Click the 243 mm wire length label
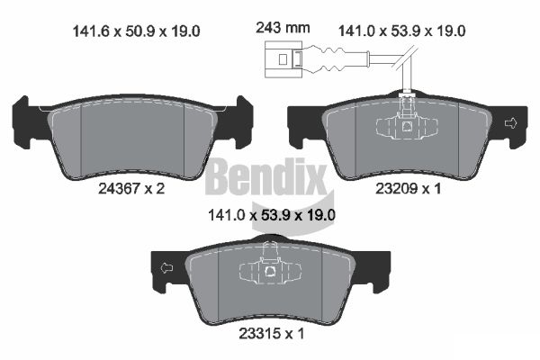(x=283, y=28)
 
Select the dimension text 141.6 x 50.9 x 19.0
(x=137, y=31)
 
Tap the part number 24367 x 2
(x=131, y=188)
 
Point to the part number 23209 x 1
(x=408, y=188)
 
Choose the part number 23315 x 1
(x=272, y=334)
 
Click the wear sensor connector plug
(x=283, y=59)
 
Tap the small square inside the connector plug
(x=283, y=59)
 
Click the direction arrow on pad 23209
(x=510, y=123)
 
